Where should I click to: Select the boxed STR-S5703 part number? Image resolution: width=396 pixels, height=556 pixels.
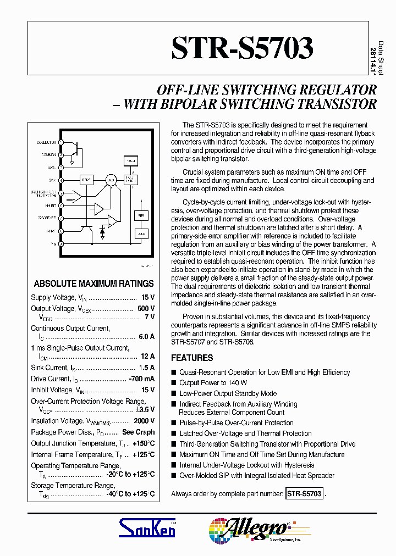click(304, 494)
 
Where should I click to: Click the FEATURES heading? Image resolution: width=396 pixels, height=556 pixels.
click(192, 358)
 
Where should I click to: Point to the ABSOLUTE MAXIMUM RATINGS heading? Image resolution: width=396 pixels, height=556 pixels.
click(94, 284)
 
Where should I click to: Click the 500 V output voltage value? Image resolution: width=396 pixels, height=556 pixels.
click(146, 309)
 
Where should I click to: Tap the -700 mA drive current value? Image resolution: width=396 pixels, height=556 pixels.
click(141, 379)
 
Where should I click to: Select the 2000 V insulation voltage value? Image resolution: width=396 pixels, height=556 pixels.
click(145, 421)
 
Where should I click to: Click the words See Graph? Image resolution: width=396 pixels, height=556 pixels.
click(138, 432)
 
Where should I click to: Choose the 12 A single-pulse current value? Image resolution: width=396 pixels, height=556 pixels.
click(148, 356)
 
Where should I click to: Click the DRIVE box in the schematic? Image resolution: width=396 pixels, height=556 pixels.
click(86, 180)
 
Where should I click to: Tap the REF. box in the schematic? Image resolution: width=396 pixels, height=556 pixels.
click(140, 216)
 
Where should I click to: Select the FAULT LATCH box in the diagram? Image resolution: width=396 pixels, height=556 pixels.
click(130, 179)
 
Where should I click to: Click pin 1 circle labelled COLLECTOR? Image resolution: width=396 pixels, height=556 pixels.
click(61, 142)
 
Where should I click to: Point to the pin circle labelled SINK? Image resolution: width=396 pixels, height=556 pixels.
click(61, 180)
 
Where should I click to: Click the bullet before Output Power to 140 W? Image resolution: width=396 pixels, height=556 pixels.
click(174, 383)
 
